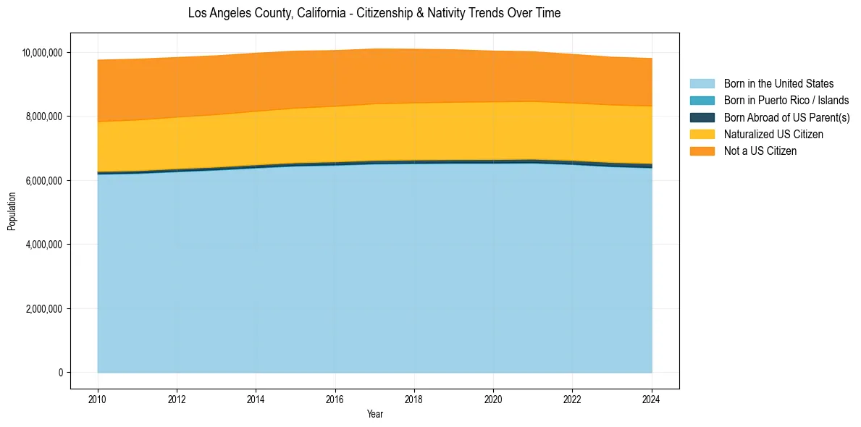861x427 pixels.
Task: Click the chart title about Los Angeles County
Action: click(374, 13)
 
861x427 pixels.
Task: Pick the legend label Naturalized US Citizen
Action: click(773, 134)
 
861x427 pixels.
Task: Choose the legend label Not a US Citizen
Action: click(760, 151)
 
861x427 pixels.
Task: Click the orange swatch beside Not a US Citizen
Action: click(702, 151)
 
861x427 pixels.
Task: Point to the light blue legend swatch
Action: click(702, 84)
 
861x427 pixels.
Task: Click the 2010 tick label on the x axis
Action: click(98, 399)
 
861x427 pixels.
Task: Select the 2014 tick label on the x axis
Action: click(256, 399)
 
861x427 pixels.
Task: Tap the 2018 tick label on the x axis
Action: click(414, 399)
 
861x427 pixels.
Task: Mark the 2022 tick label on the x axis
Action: click(572, 399)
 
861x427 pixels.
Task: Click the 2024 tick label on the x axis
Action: click(652, 399)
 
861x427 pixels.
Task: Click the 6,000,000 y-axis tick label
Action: click(45, 180)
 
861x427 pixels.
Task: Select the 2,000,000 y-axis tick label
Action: click(45, 308)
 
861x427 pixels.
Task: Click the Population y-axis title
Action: click(12, 211)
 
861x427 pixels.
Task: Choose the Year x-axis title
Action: click(374, 415)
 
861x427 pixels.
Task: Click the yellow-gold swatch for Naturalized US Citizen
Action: click(702, 134)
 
